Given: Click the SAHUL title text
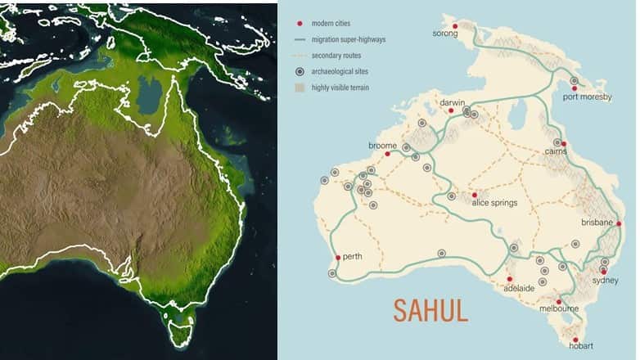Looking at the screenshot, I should click(430, 311).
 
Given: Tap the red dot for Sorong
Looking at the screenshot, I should click(455, 25).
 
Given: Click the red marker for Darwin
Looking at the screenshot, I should click(451, 110).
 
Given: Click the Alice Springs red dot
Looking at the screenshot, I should click(475, 195).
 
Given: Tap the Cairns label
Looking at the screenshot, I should click(557, 151).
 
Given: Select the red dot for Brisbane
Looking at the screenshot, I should click(619, 223).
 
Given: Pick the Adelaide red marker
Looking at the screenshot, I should click(509, 279).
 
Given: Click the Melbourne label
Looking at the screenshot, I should click(559, 308).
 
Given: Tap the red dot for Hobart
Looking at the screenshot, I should click(575, 340).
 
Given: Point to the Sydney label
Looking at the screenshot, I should click(605, 280).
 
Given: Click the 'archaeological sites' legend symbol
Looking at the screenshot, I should click(300, 71).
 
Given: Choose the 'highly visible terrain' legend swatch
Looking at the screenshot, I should click(300, 87).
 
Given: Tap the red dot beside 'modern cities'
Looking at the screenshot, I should click(300, 24).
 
